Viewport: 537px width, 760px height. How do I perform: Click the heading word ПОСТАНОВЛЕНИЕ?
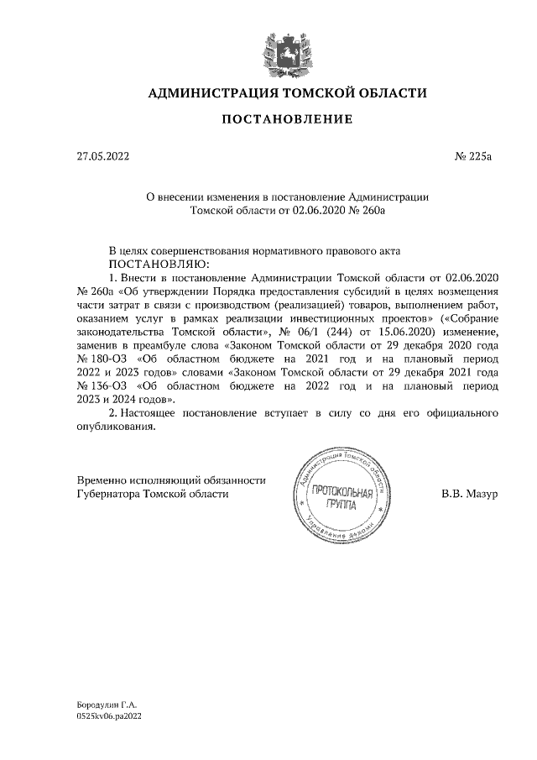[x=287, y=120]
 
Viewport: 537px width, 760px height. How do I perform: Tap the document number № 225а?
[x=475, y=156]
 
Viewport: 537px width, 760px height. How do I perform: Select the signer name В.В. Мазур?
[x=470, y=494]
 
